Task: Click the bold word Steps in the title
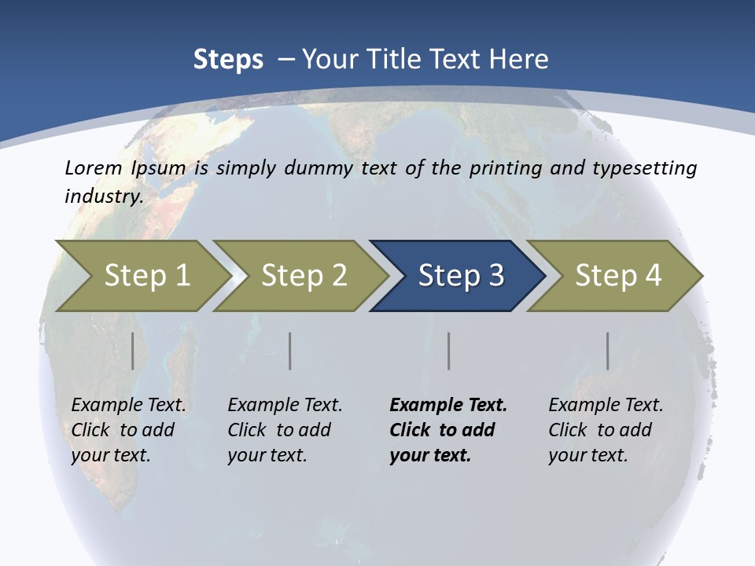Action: [x=228, y=60]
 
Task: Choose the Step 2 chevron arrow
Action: [x=304, y=276]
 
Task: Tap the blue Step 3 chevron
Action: [x=460, y=276]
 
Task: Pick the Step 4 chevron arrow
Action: [x=617, y=276]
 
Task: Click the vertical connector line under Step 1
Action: [x=133, y=351]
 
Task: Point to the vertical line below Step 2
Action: [x=290, y=351]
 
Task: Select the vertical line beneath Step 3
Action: [x=448, y=351]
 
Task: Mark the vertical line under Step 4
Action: [x=607, y=351]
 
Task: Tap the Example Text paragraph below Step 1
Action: [x=128, y=430]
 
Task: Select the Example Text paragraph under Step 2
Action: [x=285, y=430]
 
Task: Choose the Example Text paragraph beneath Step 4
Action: [x=606, y=430]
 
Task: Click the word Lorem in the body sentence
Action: [x=93, y=168]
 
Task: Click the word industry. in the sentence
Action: [x=104, y=197]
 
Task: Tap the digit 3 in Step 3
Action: [x=495, y=276]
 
